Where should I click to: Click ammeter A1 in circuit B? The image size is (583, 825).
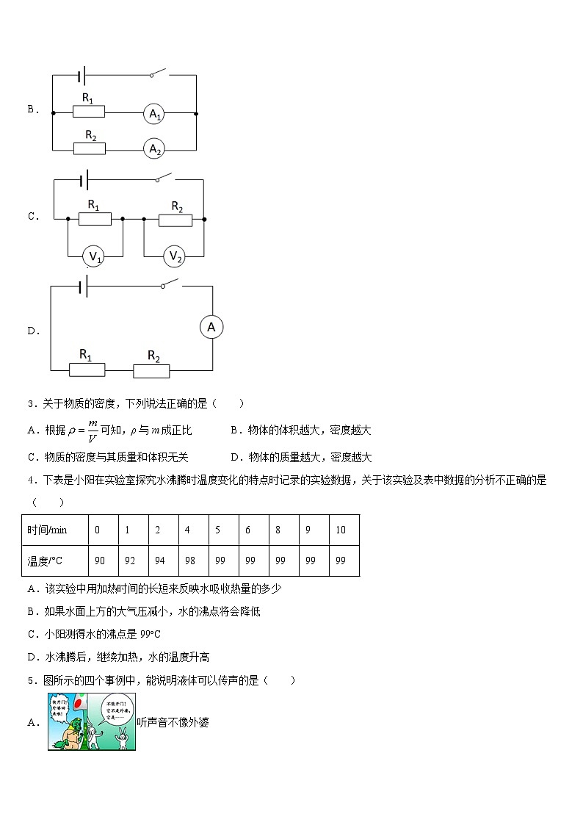[x=154, y=114]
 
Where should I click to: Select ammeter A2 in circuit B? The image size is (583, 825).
[x=154, y=149]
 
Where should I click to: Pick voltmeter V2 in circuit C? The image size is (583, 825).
[x=175, y=256]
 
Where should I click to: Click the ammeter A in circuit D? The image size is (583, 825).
[x=211, y=328]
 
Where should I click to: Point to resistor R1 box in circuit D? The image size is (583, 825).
[x=87, y=370]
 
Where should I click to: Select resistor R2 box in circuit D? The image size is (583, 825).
[x=152, y=370]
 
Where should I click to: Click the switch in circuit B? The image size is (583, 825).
[x=158, y=73]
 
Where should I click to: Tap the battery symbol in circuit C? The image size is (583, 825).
[x=85, y=181]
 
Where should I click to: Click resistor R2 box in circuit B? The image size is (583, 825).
[x=90, y=148]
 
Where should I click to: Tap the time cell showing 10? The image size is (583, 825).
[x=341, y=530]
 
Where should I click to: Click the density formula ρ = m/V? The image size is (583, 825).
[x=83, y=431]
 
